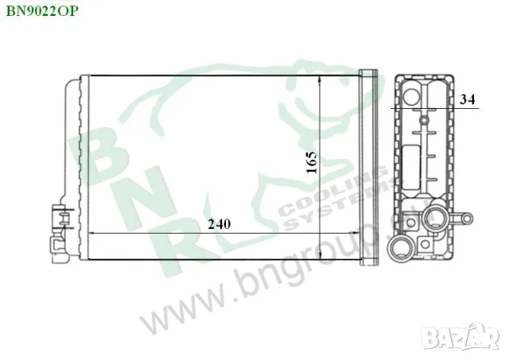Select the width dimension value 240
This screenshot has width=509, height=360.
point(220,223)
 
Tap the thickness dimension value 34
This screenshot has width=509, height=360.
point(468,99)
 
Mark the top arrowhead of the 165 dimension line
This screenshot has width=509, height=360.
point(320,80)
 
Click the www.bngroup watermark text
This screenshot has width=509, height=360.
point(254,286)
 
